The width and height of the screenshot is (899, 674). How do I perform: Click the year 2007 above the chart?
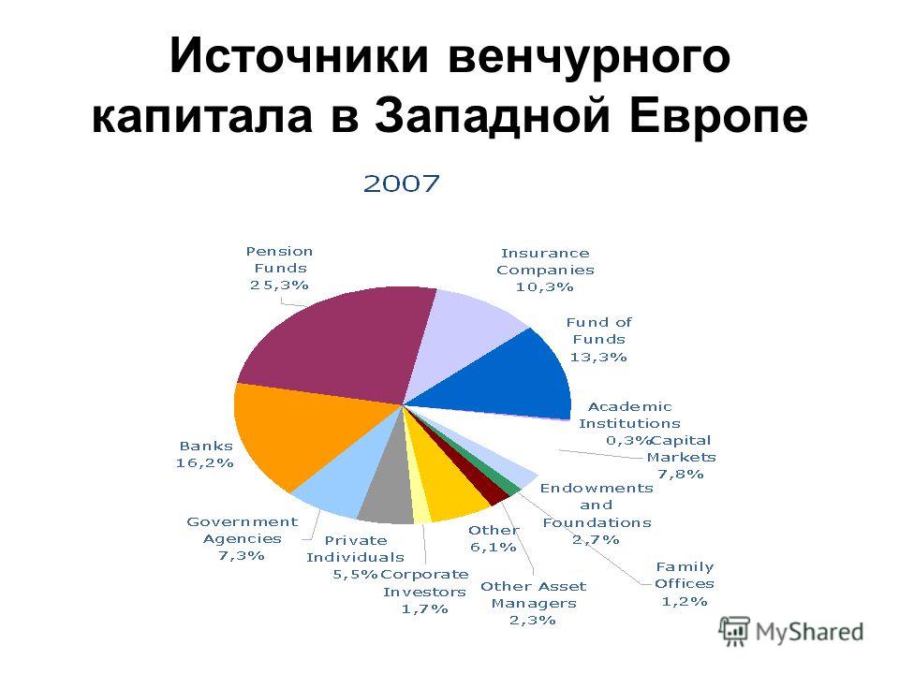pyautogui.click(x=402, y=184)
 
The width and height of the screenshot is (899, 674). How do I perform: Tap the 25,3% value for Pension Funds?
pyautogui.click(x=279, y=285)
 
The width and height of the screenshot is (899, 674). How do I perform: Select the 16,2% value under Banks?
pyautogui.click(x=205, y=462)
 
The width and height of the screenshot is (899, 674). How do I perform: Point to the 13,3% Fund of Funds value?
pyautogui.click(x=598, y=357)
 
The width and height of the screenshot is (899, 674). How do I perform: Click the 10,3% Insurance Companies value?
pyautogui.click(x=544, y=286)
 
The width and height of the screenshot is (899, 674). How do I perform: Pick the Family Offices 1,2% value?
pyautogui.click(x=685, y=601)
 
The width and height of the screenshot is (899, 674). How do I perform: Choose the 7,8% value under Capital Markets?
pyautogui.click(x=681, y=474)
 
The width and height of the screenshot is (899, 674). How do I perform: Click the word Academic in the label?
pyautogui.click(x=629, y=407)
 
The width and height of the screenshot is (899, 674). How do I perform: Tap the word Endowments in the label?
pyautogui.click(x=597, y=489)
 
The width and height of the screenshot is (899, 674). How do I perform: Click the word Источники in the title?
pyautogui.click(x=299, y=55)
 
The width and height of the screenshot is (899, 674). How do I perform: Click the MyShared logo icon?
pyautogui.click(x=734, y=632)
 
